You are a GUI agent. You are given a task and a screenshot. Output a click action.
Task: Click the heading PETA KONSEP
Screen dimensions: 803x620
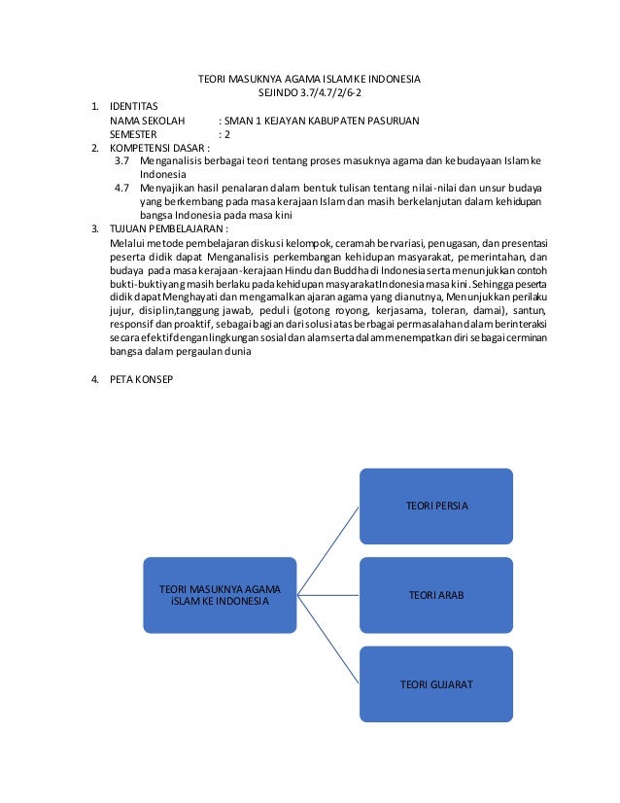tap(141, 379)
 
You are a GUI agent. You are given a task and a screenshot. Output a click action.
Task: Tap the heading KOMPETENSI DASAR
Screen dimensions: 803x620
tap(159, 148)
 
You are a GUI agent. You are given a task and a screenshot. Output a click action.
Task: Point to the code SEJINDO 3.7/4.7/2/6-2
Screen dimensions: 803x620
tap(309, 92)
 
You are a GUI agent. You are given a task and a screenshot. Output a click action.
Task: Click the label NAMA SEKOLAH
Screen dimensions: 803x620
tap(147, 121)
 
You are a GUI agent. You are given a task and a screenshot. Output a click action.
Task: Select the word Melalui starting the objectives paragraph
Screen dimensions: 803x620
tap(127, 242)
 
